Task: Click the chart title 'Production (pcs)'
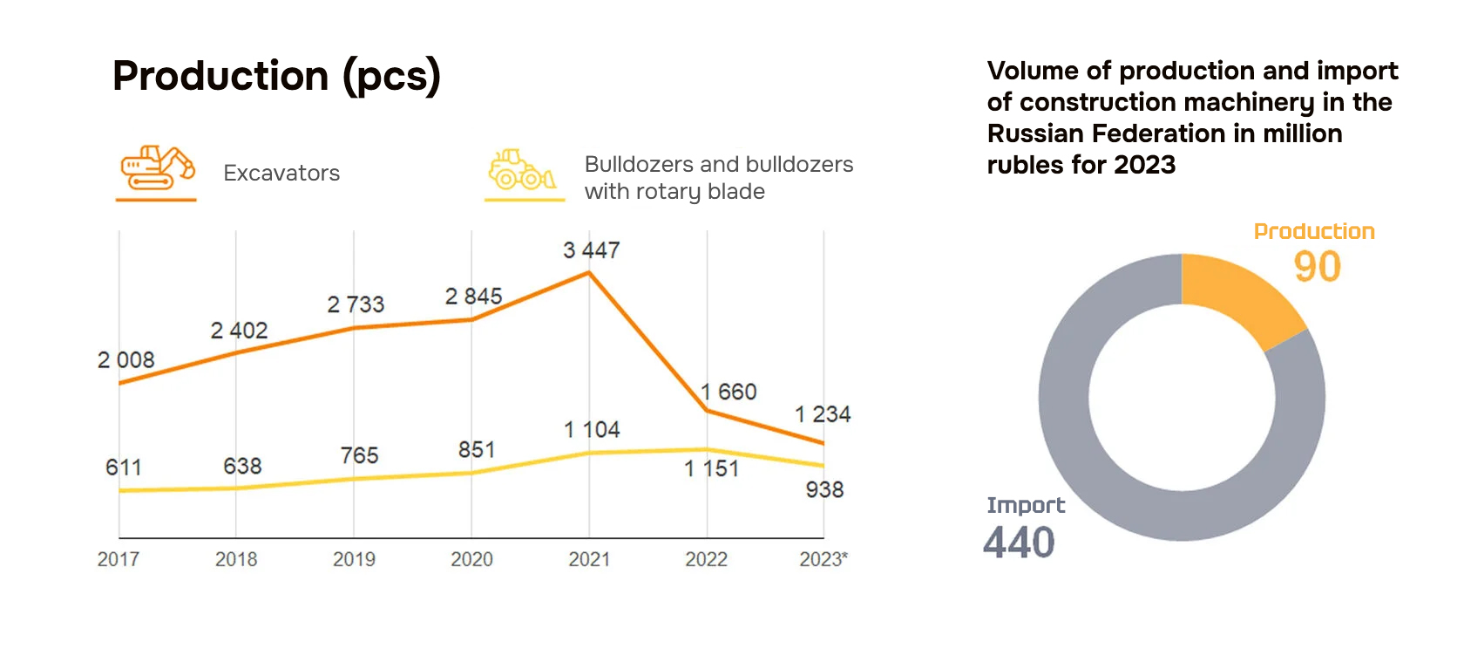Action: pos(276,76)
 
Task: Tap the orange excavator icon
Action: pos(157,167)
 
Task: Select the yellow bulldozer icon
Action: pos(521,169)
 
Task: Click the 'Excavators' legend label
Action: pos(281,173)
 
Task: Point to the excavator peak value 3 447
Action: pos(591,250)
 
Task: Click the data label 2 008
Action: pos(125,359)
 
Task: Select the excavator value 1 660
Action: pos(729,392)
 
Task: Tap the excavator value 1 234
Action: pos(823,414)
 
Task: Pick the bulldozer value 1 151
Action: pos(711,468)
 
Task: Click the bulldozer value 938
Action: pos(824,489)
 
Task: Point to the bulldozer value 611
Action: pos(123,468)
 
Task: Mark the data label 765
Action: pos(359,455)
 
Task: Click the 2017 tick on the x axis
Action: pos(119,559)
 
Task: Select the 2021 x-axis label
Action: pos(589,559)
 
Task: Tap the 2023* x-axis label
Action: pos(823,559)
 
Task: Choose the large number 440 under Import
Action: pos(1019,543)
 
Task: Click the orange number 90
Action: pos(1317,267)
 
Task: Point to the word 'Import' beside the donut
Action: pos(1026,505)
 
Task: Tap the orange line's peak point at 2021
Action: pos(589,273)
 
